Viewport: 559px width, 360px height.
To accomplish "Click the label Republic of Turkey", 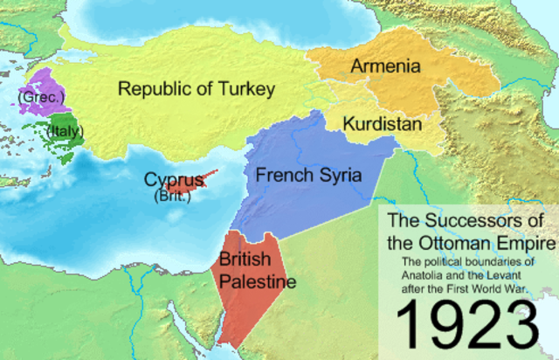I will (x=197, y=89).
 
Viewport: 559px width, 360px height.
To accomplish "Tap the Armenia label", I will (x=385, y=66).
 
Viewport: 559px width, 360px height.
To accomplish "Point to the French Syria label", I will (x=308, y=176).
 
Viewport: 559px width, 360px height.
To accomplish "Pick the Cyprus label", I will (x=175, y=181).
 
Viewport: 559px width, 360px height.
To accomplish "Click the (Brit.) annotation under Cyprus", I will (x=172, y=197).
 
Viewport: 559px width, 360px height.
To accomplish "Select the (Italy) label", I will (x=66, y=134).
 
